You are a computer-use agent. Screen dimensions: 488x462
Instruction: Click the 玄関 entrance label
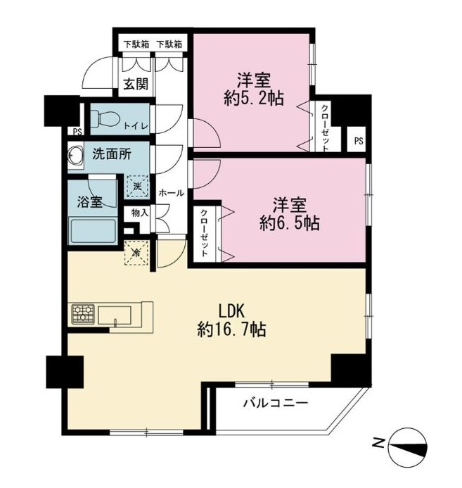135,85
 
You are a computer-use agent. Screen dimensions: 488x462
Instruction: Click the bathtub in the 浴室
92,230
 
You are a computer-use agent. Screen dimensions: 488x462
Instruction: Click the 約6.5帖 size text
290,223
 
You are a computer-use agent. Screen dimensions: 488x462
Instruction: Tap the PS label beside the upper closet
359,140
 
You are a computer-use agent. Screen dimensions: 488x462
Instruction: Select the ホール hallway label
172,192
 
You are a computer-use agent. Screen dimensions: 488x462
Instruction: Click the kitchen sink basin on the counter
117,315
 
